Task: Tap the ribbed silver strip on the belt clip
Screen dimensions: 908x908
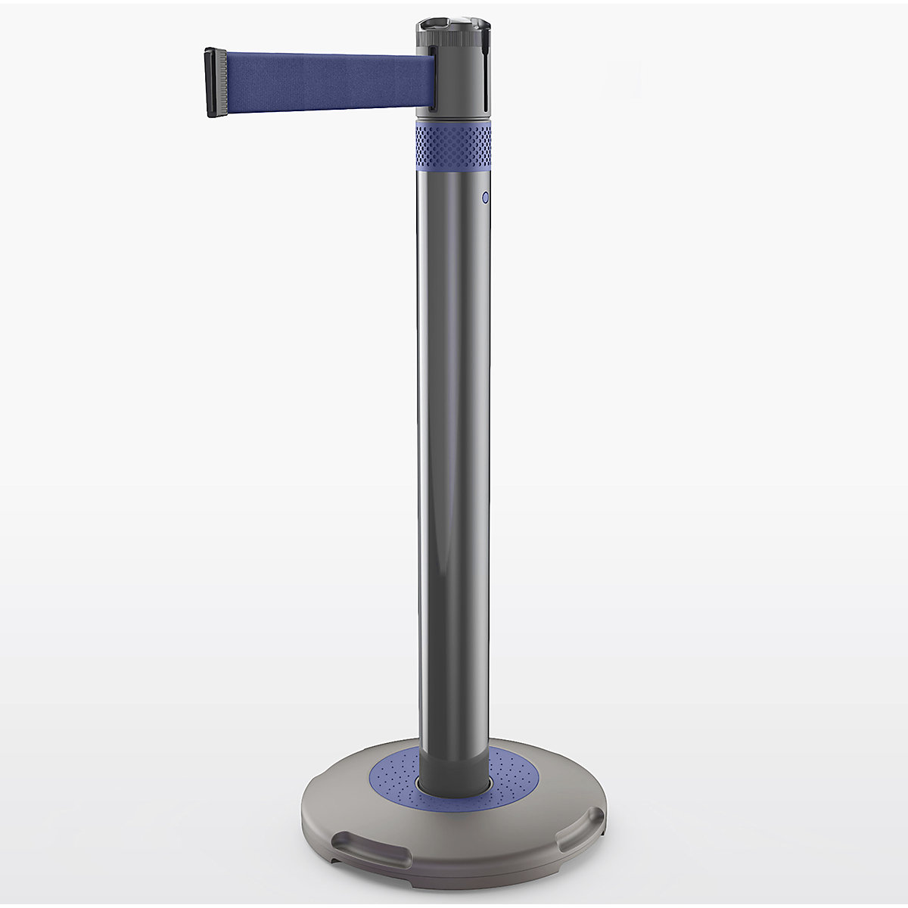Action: pyautogui.click(x=221, y=82)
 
